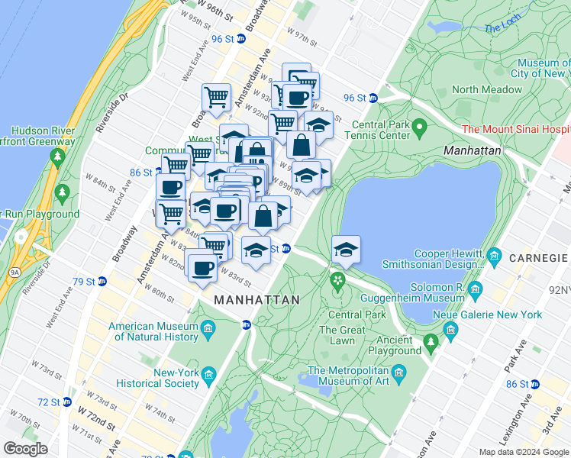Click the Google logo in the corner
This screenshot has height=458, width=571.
pyautogui.click(x=26, y=449)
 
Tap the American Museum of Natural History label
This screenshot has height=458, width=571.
pyautogui.click(x=153, y=331)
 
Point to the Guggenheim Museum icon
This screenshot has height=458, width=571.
pyautogui.click(x=476, y=289)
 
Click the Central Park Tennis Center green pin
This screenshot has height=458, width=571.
pyautogui.click(x=418, y=125)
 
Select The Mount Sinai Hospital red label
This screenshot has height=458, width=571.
pyautogui.click(x=516, y=130)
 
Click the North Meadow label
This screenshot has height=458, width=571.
pyautogui.click(x=486, y=89)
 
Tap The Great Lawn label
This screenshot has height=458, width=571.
pyautogui.click(x=337, y=335)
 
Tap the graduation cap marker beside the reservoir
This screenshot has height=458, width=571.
pyautogui.click(x=346, y=250)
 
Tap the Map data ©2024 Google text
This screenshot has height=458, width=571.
pyautogui.click(x=523, y=452)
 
